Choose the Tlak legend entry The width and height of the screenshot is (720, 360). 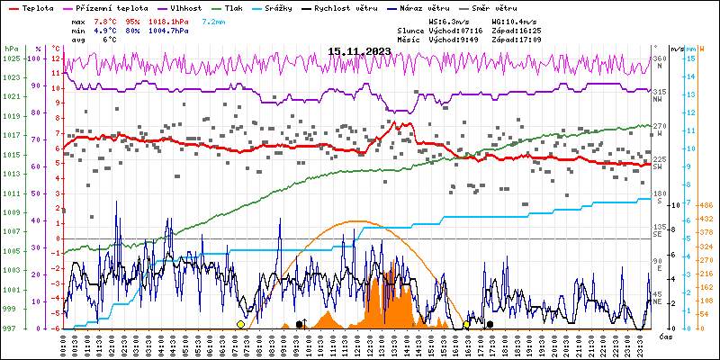[x=255, y=7]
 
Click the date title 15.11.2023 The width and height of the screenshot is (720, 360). [x=359, y=51]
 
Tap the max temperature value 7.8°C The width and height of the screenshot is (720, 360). [x=106, y=21]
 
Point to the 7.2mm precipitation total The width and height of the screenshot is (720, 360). [x=214, y=21]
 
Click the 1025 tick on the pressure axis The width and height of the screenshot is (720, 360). [x=10, y=58]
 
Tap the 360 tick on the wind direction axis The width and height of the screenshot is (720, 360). [x=660, y=58]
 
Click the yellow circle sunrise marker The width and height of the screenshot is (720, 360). [x=240, y=324]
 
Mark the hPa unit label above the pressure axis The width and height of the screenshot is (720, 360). [x=11, y=49]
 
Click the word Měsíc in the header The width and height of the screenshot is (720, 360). [x=409, y=40]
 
